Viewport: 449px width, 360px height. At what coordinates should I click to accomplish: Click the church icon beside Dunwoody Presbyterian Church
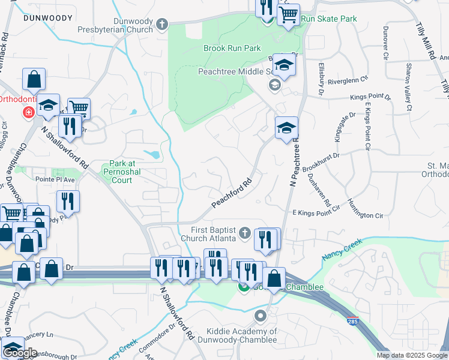click(x=161, y=25)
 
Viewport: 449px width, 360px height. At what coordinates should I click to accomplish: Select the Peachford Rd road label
click(x=231, y=193)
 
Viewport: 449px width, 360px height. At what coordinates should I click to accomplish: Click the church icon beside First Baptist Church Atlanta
click(x=244, y=232)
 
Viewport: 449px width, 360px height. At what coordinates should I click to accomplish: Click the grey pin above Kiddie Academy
click(x=261, y=316)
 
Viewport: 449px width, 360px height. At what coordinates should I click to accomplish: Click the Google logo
click(x=20, y=353)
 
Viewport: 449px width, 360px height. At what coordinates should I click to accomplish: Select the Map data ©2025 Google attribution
click(x=411, y=355)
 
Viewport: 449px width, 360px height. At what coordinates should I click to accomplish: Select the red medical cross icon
click(x=28, y=112)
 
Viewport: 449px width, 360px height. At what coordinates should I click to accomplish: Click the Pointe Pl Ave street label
click(x=55, y=179)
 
